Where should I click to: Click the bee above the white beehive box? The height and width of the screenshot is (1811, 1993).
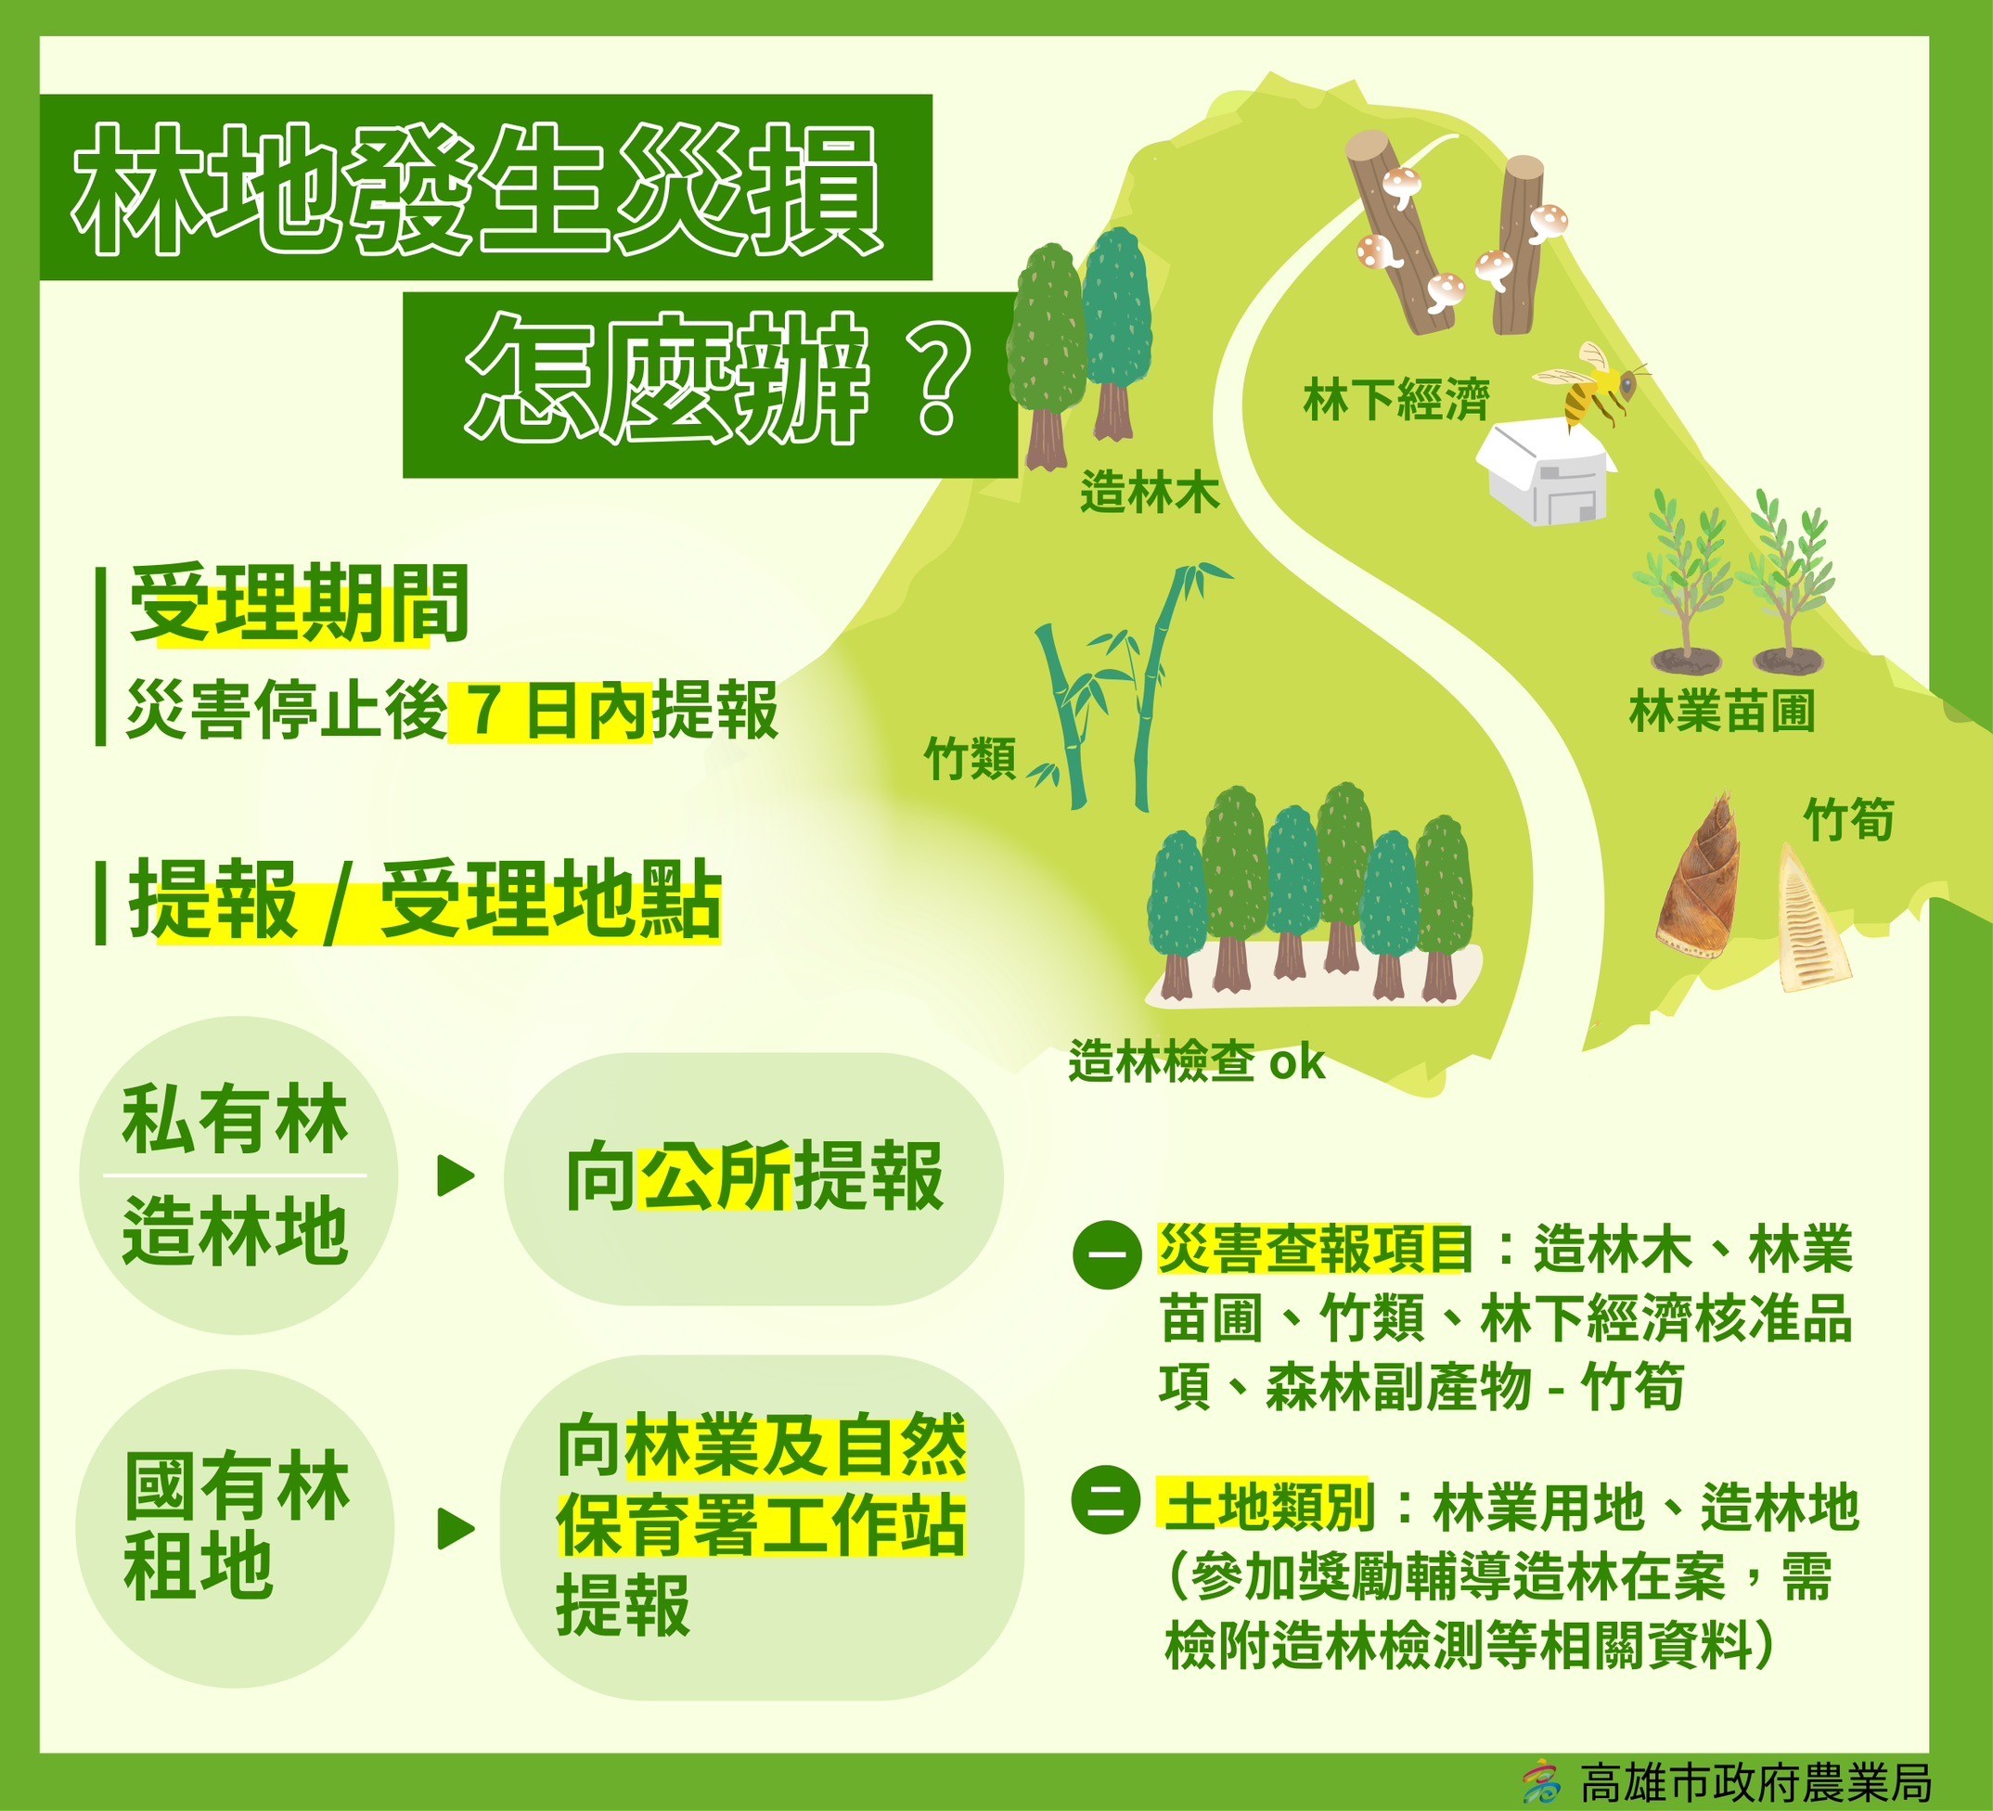point(1588,386)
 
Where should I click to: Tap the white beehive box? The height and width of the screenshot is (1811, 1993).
point(1543,473)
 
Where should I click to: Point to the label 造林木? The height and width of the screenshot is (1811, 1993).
point(1150,492)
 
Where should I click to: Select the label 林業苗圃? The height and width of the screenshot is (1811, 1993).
point(1722,712)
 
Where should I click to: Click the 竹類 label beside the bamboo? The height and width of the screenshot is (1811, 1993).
point(970,759)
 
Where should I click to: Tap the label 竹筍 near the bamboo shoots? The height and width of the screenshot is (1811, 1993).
point(1848,818)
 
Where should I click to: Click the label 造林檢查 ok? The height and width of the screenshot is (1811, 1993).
point(1196,1062)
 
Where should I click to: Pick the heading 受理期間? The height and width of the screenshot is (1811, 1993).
point(299,604)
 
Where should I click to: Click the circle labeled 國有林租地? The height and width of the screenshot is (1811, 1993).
point(236,1527)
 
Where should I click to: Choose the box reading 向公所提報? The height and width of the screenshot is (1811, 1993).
point(754,1178)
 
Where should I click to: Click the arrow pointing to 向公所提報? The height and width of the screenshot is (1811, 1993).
point(456,1176)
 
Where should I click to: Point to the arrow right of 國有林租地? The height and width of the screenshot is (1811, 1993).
point(456,1529)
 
